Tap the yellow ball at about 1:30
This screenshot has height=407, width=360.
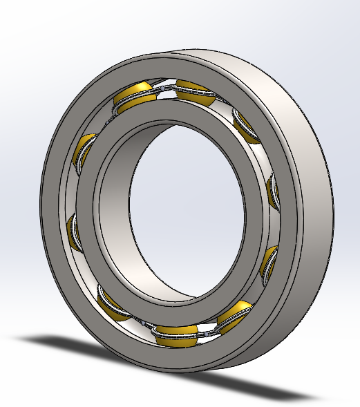[247, 124]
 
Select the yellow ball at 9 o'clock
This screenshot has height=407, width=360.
[74, 228]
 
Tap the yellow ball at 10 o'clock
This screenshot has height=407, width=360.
[83, 149]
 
